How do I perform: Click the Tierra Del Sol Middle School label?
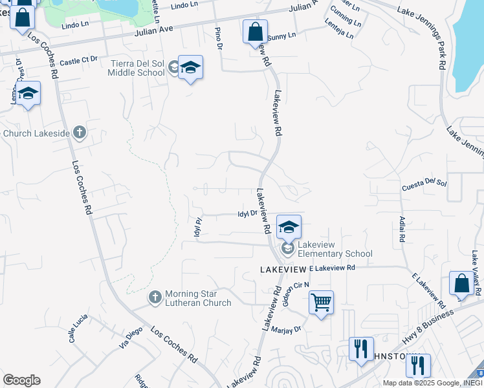[x=138, y=68]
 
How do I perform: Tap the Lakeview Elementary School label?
[x=335, y=253]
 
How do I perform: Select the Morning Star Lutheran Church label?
[x=197, y=298]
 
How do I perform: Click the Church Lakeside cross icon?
[x=79, y=133]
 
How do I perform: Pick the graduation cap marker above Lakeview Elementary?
[x=289, y=226]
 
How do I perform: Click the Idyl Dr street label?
[x=248, y=212]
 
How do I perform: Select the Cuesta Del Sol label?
[x=424, y=184]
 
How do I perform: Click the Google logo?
[x=21, y=380]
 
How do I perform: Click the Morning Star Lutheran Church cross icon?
[x=155, y=297]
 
